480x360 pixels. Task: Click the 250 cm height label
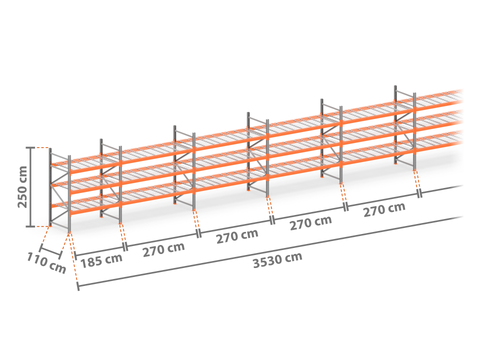pos(22,187)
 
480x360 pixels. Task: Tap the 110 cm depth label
pos(46,263)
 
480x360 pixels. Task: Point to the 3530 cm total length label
pos(277,260)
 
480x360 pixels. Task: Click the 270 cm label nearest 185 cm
pos(164,249)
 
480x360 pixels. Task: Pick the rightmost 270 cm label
pos(384,210)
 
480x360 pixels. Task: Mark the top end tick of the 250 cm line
pos(31,148)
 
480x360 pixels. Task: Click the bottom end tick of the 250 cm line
pos(31,227)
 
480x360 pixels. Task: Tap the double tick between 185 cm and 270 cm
pos(125,247)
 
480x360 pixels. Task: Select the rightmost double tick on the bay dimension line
pos(420,194)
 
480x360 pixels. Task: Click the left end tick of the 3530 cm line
pos(78,286)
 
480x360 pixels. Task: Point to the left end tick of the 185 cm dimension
pos(76,256)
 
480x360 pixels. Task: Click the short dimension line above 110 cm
pos(50,252)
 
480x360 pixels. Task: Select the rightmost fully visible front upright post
pos(415,131)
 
